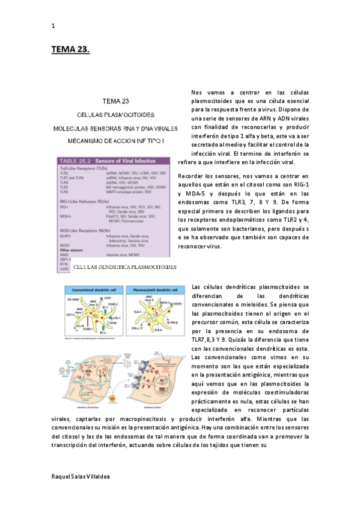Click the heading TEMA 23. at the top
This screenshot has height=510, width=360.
[x=70, y=50]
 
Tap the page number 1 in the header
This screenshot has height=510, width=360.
[x=53, y=26]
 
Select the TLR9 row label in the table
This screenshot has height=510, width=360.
[x=64, y=182]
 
